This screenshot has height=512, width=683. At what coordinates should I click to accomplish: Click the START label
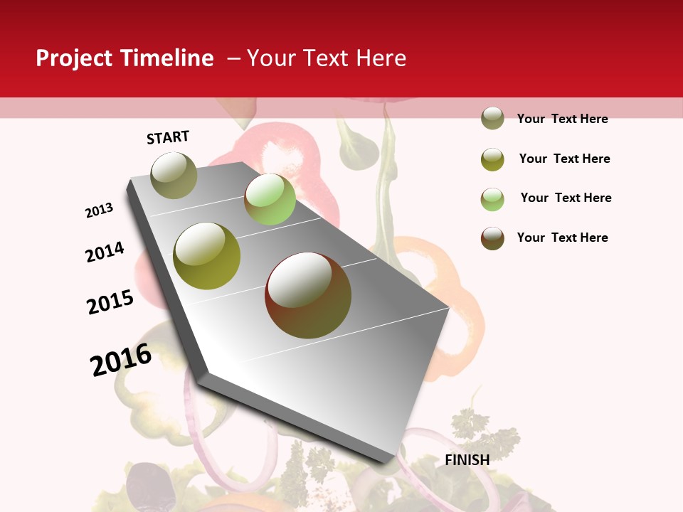point(168,137)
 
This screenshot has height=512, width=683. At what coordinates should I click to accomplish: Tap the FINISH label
point(467,460)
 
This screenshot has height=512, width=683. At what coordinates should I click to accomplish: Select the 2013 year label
point(100,210)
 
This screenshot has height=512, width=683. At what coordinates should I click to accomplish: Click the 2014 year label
point(105,252)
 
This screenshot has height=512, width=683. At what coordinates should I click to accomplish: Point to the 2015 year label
point(110,302)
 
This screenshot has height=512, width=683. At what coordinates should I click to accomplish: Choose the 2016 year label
point(121,360)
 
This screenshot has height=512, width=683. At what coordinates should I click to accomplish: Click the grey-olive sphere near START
point(174,175)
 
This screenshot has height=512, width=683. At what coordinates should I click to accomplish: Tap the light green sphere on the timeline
point(270,199)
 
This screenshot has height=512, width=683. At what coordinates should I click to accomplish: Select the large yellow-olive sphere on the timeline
point(207,256)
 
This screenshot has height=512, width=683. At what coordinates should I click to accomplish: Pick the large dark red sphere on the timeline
point(308,295)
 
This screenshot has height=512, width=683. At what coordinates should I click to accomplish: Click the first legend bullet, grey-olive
point(492,119)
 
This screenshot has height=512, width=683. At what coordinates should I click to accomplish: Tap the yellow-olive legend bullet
point(492,159)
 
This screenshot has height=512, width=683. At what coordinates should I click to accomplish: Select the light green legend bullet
point(492,198)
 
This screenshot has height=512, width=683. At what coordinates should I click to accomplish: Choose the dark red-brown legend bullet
point(492,238)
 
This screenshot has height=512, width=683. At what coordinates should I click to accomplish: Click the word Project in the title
point(75,58)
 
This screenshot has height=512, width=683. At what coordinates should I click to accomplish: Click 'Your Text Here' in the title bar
point(326,58)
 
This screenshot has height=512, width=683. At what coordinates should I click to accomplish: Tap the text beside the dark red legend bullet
point(562,238)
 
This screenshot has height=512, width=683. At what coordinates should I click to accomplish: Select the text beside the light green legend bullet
point(566,198)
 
